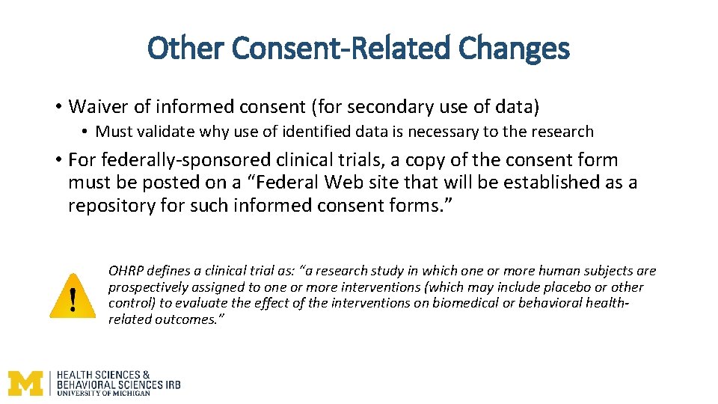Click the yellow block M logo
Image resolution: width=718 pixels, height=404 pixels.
(26, 382)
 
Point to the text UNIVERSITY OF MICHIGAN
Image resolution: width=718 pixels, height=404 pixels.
(104, 393)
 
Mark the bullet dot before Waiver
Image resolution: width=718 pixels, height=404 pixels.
(58, 108)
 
